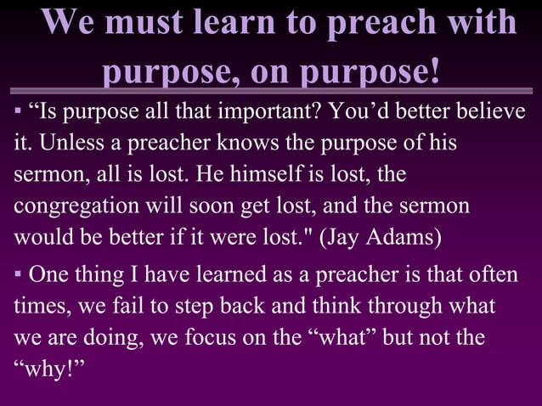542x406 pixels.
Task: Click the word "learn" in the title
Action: click(x=241, y=23)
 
